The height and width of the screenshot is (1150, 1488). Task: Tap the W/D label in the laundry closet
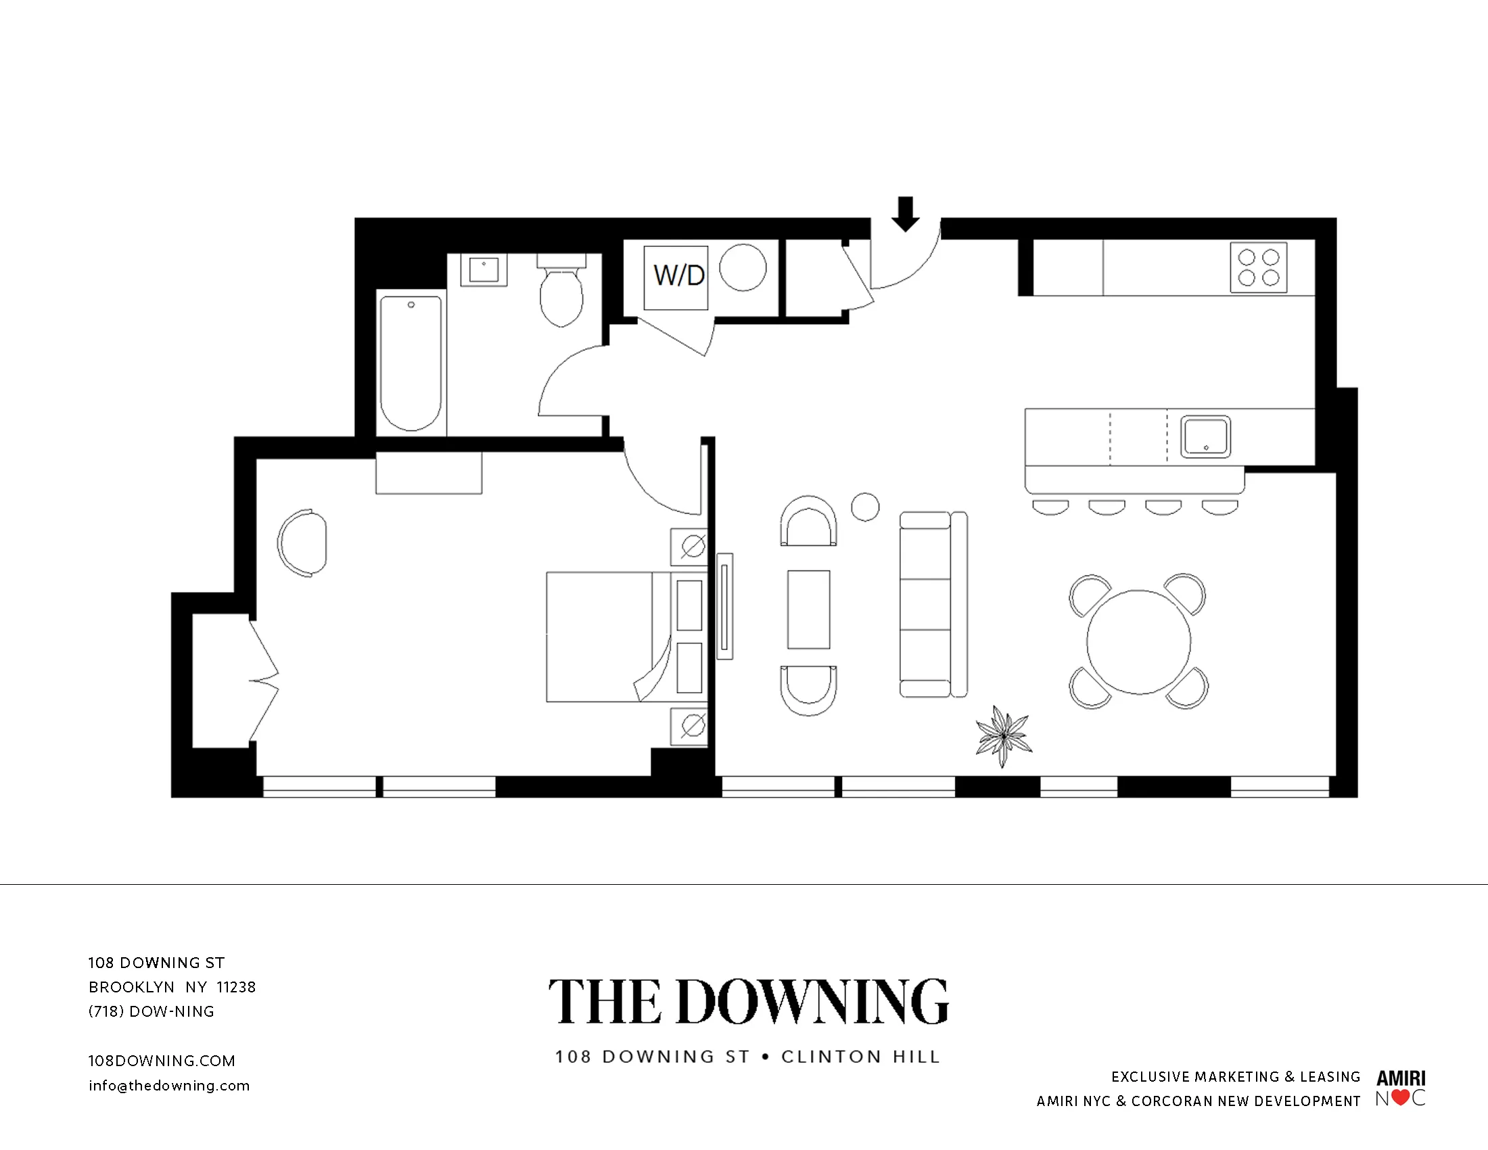tap(678, 276)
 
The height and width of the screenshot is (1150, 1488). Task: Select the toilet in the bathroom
tap(561, 294)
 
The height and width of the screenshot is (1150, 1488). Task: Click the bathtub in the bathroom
tap(410, 363)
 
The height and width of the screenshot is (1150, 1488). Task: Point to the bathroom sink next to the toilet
tap(484, 270)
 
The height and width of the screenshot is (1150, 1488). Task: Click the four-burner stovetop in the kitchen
tap(1259, 268)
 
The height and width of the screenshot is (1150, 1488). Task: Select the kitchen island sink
tap(1205, 437)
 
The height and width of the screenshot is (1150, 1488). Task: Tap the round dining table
tap(1138, 642)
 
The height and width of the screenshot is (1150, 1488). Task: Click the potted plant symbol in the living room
tap(1003, 736)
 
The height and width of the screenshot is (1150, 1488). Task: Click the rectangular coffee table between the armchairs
tap(809, 609)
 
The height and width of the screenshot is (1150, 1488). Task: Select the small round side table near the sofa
tap(865, 507)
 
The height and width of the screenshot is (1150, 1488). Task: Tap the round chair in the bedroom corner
tap(302, 543)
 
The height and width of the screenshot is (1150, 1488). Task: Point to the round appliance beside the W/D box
tap(743, 268)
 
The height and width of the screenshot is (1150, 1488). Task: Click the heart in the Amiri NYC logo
tap(1400, 1097)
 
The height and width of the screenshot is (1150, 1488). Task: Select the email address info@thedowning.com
tap(169, 1086)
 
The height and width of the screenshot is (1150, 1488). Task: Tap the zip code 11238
tap(236, 987)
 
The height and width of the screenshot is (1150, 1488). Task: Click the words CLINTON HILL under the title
tap(860, 1057)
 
